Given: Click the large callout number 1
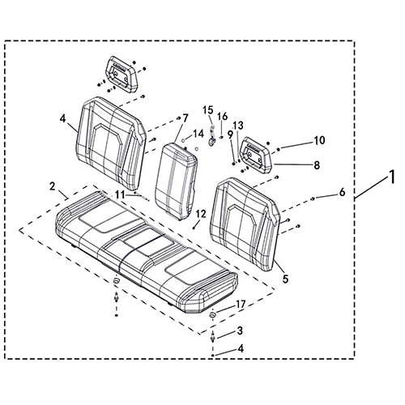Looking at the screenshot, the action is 392,177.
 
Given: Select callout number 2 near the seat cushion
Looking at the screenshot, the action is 52,186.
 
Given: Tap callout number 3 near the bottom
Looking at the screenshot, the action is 240,330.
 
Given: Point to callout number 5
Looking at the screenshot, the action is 285,279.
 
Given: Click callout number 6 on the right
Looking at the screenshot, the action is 342,192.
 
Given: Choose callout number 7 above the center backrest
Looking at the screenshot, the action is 185,118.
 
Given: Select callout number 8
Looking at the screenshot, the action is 317,165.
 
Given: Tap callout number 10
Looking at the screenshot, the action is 319,140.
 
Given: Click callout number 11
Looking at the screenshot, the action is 121,194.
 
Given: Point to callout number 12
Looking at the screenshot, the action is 201,214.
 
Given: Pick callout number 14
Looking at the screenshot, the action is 198,134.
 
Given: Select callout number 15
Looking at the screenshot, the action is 208,110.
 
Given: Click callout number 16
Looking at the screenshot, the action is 223,117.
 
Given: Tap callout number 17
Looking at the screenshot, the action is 241,305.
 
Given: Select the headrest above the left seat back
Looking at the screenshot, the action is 122,75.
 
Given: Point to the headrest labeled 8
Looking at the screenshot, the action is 256,155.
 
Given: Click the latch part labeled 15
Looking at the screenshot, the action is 211,135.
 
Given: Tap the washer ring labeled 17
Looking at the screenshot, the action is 213,315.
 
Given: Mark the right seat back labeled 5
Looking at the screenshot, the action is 245,224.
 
